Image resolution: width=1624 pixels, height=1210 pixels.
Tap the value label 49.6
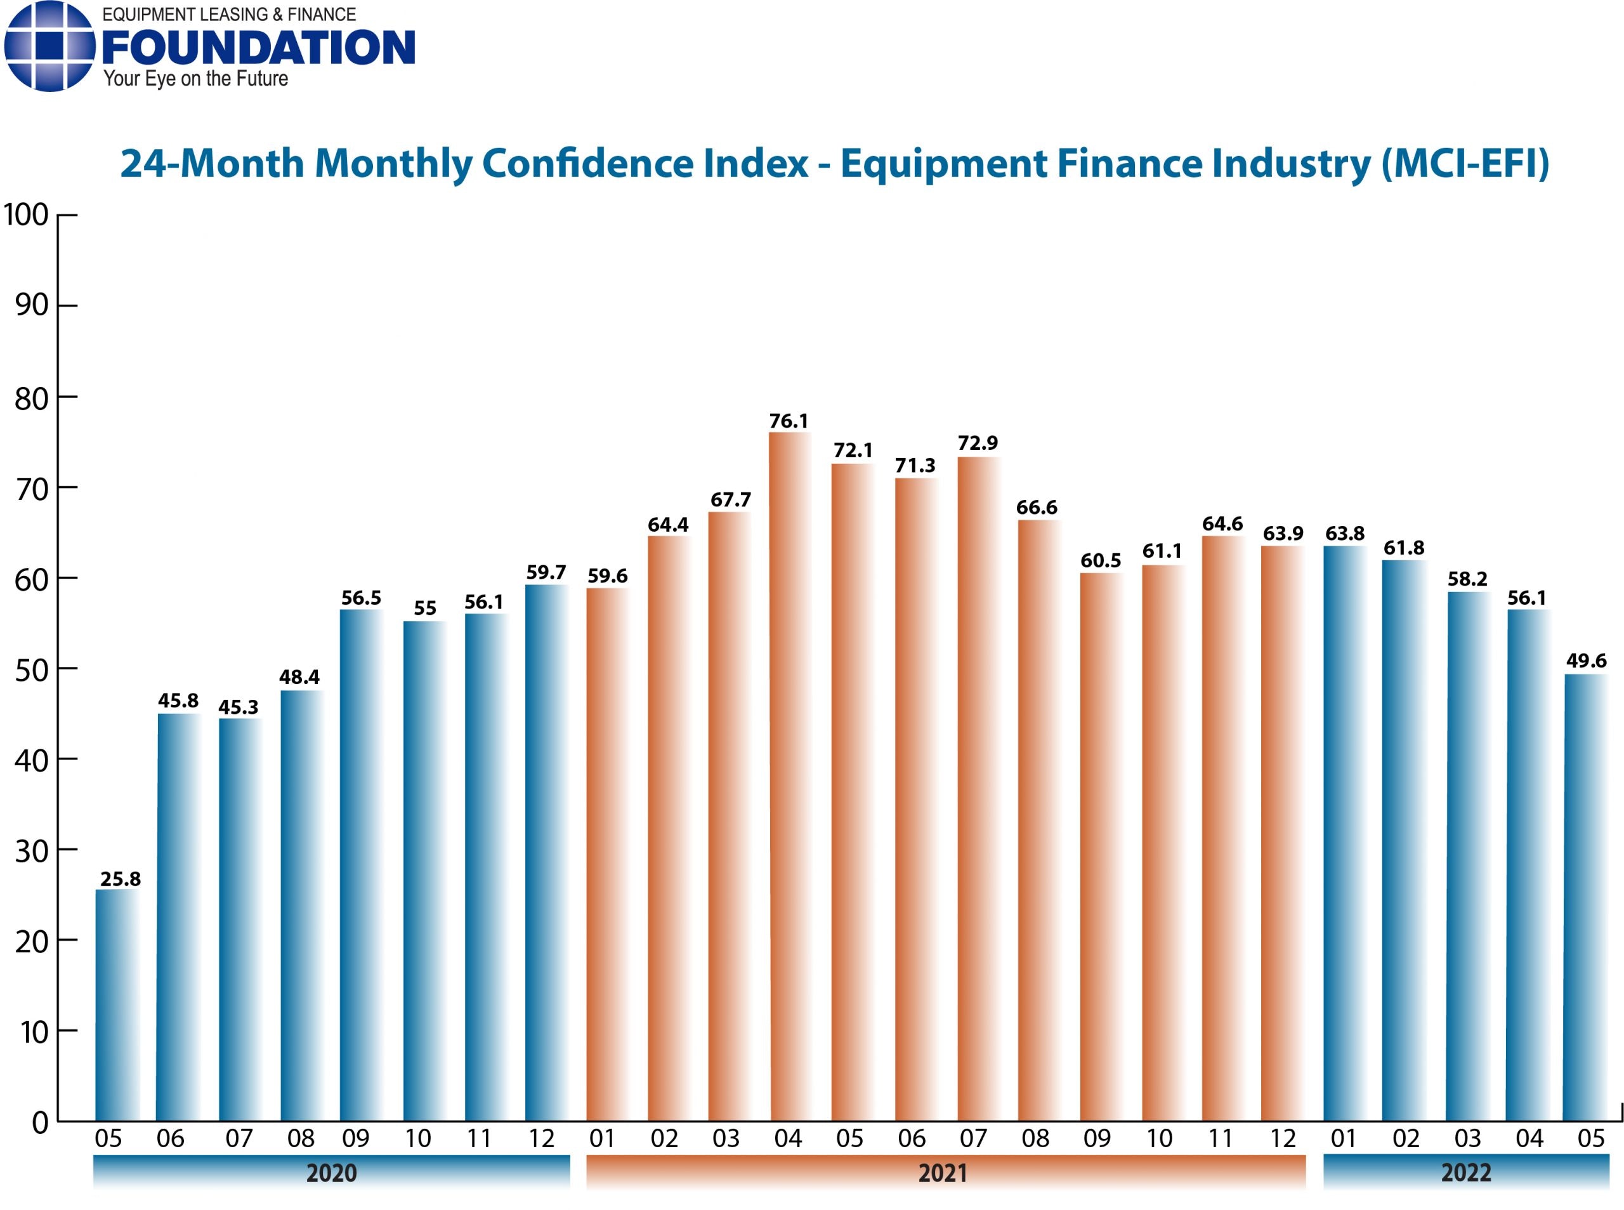pyautogui.click(x=1585, y=661)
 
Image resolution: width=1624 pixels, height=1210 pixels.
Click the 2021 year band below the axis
pyautogui.click(x=945, y=1173)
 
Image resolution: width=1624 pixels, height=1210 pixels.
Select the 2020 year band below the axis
pyautogui.click(x=331, y=1173)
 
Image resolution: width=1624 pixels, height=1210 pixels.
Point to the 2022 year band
pyautogui.click(x=1466, y=1173)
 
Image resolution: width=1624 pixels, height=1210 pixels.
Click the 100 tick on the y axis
pyautogui.click(x=27, y=215)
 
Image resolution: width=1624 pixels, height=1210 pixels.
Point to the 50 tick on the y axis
pyautogui.click(x=32, y=669)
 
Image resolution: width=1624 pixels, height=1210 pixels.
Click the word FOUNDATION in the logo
pyautogui.click(x=258, y=48)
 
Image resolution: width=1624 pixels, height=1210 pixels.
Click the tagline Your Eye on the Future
pyautogui.click(x=195, y=79)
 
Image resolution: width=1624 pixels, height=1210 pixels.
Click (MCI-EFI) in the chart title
pyautogui.click(x=1464, y=163)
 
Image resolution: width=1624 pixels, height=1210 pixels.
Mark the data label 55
pyautogui.click(x=424, y=608)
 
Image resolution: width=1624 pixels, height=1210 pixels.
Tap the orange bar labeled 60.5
pyautogui.click(x=1101, y=846)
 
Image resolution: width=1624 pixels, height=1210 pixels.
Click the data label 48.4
pyautogui.click(x=299, y=677)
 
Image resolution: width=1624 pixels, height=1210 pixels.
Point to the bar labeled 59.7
pyautogui.click(x=546, y=853)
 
